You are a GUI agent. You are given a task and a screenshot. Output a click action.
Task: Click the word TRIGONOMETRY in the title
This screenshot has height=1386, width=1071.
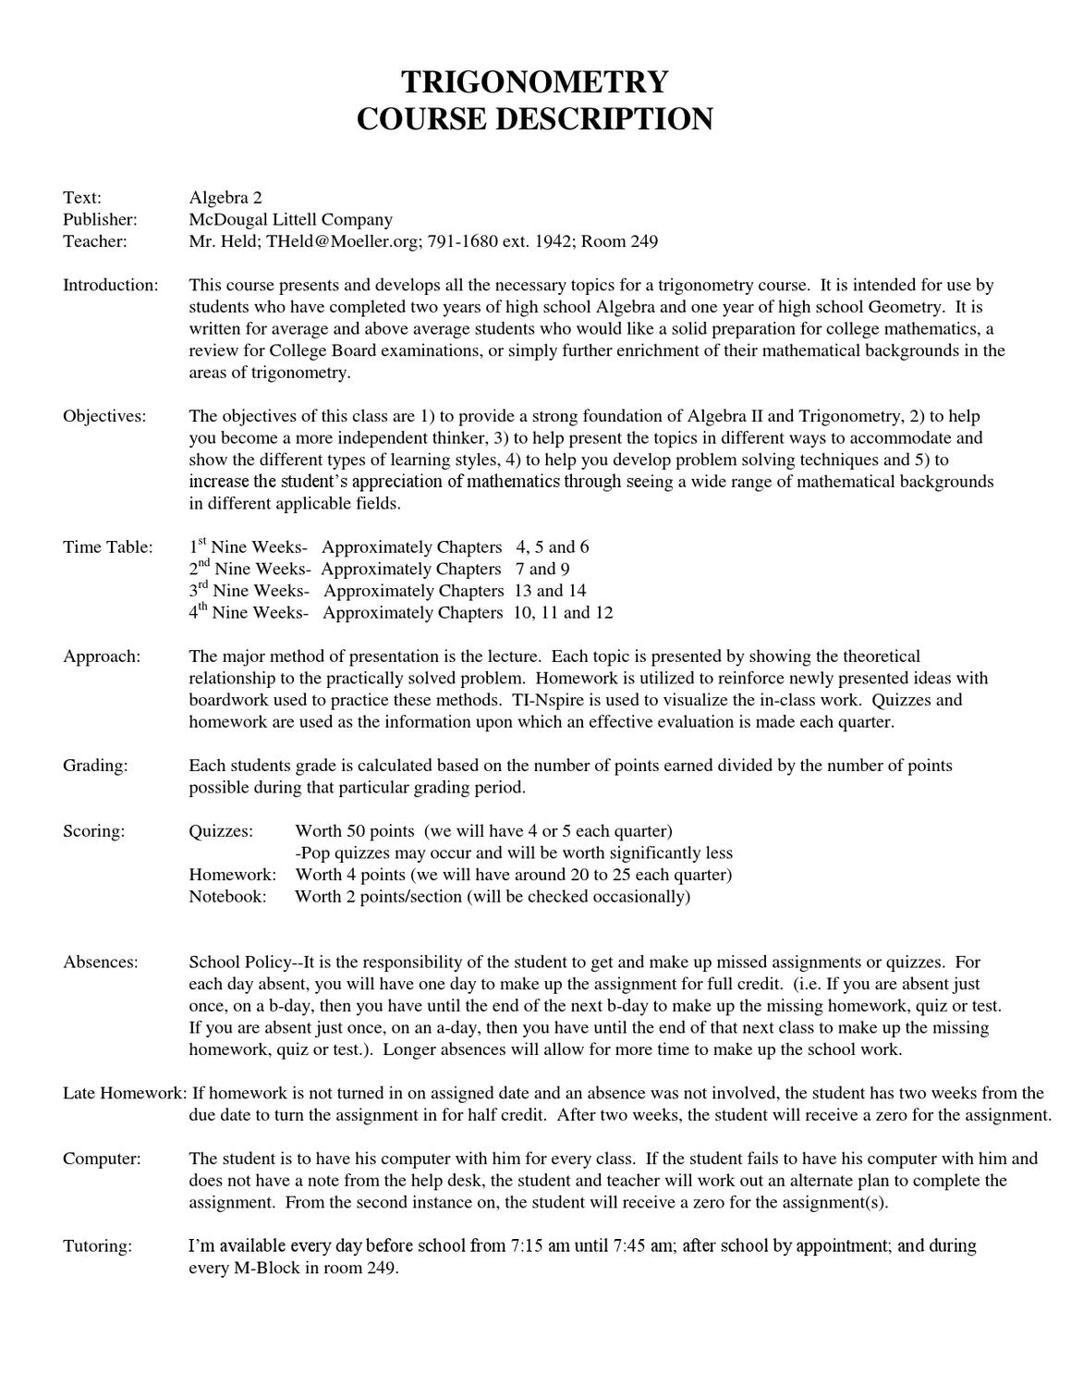(x=534, y=82)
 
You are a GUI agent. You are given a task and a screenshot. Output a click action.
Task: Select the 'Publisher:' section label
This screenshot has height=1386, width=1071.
(x=100, y=219)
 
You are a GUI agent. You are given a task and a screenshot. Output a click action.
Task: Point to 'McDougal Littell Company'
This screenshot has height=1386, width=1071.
(x=290, y=219)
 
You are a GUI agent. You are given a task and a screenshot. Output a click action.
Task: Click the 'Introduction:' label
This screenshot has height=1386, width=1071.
(x=110, y=285)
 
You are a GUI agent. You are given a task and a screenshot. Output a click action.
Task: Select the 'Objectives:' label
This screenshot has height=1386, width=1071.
(x=104, y=416)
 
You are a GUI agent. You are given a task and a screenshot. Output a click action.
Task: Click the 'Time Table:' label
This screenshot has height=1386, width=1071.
(x=107, y=546)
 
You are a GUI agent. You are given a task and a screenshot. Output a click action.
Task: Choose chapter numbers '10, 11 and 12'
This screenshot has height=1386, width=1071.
(x=563, y=612)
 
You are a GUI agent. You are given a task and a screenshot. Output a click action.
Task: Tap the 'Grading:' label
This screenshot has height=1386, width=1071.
(x=95, y=766)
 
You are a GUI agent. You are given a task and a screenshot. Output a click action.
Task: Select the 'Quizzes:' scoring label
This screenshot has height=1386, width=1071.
(x=221, y=831)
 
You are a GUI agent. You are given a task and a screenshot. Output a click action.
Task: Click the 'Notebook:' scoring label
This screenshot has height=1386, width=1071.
(x=227, y=896)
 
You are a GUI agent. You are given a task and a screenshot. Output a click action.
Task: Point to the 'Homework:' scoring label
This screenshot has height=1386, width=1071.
(x=232, y=875)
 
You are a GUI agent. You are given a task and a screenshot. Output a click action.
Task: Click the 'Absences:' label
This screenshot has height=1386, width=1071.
(x=100, y=962)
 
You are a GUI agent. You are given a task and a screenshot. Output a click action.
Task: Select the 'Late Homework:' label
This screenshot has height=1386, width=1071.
(x=124, y=1093)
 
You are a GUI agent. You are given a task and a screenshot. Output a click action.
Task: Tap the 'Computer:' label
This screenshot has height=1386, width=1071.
(x=102, y=1159)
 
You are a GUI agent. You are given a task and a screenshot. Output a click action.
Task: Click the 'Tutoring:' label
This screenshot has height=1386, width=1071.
(x=97, y=1245)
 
